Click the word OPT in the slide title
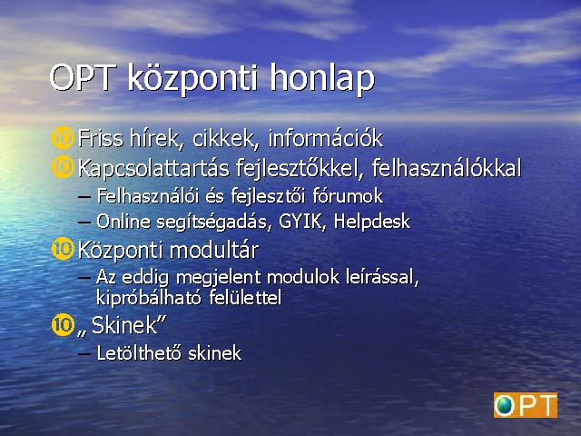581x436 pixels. coord(82,77)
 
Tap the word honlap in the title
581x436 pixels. coord(322,80)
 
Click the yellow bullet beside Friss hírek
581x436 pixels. coord(63,138)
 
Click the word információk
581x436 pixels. coord(326,138)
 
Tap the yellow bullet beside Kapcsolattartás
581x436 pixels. coord(63,167)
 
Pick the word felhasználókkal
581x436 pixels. coord(447,168)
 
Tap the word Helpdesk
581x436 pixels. coord(372,222)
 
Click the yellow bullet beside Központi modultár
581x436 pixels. coord(63,248)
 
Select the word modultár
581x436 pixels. coord(214,250)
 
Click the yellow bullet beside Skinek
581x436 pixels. coord(63,325)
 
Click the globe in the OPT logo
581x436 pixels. coord(505,405)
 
